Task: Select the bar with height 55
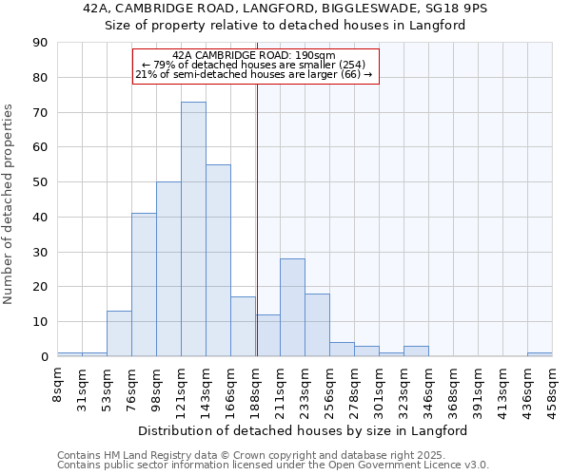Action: pyautogui.click(x=218, y=260)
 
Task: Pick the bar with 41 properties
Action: pyautogui.click(x=144, y=285)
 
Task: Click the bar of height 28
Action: pyautogui.click(x=292, y=307)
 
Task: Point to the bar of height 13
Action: pyautogui.click(x=119, y=333)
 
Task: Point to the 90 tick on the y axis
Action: pyautogui.click(x=40, y=43)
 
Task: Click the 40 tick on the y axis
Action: pyautogui.click(x=40, y=218)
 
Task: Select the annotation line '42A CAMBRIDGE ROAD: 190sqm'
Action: pyautogui.click(x=254, y=56)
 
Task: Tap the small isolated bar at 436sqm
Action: pyautogui.click(x=540, y=354)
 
